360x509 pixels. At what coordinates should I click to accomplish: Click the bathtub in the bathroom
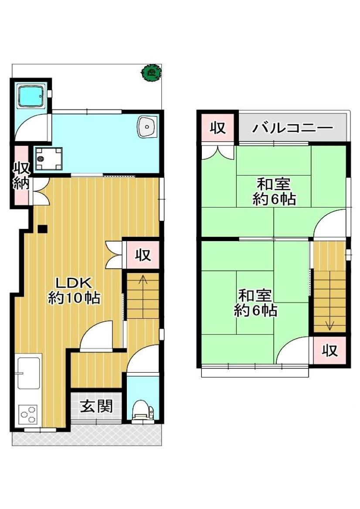tap(31, 96)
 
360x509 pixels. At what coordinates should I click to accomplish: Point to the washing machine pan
tap(49, 158)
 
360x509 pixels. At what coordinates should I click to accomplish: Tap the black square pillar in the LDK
tap(43, 229)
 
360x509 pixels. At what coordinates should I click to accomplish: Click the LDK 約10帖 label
tap(74, 290)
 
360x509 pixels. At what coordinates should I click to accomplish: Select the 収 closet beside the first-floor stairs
tap(143, 255)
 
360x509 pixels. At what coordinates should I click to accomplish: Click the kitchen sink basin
tap(29, 373)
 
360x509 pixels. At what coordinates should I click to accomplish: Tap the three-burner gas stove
tap(28, 415)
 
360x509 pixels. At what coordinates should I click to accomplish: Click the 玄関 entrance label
tap(96, 406)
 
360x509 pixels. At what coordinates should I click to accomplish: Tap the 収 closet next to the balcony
tap(217, 128)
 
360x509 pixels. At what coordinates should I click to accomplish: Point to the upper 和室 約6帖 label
tap(274, 191)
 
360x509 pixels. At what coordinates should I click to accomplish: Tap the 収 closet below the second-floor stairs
tap(329, 350)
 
